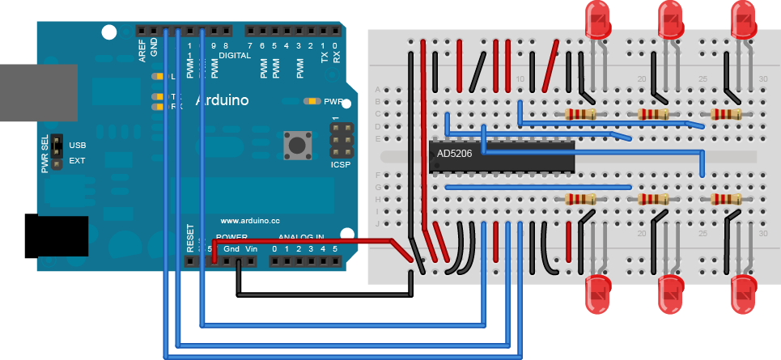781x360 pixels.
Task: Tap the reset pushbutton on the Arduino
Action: (x=299, y=146)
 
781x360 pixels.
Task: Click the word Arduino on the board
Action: (x=218, y=100)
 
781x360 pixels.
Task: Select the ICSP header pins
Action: (x=342, y=139)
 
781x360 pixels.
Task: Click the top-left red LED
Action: (x=599, y=19)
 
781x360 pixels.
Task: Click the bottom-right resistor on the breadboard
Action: (x=726, y=199)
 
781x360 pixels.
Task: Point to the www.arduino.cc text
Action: (x=250, y=220)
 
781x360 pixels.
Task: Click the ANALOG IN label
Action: (x=301, y=237)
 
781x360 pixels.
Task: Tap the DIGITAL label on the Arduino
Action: (x=235, y=56)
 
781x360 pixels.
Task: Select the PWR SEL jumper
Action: (x=57, y=153)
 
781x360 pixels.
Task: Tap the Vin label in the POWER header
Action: (x=251, y=248)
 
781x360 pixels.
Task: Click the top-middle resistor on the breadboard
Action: (x=653, y=114)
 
